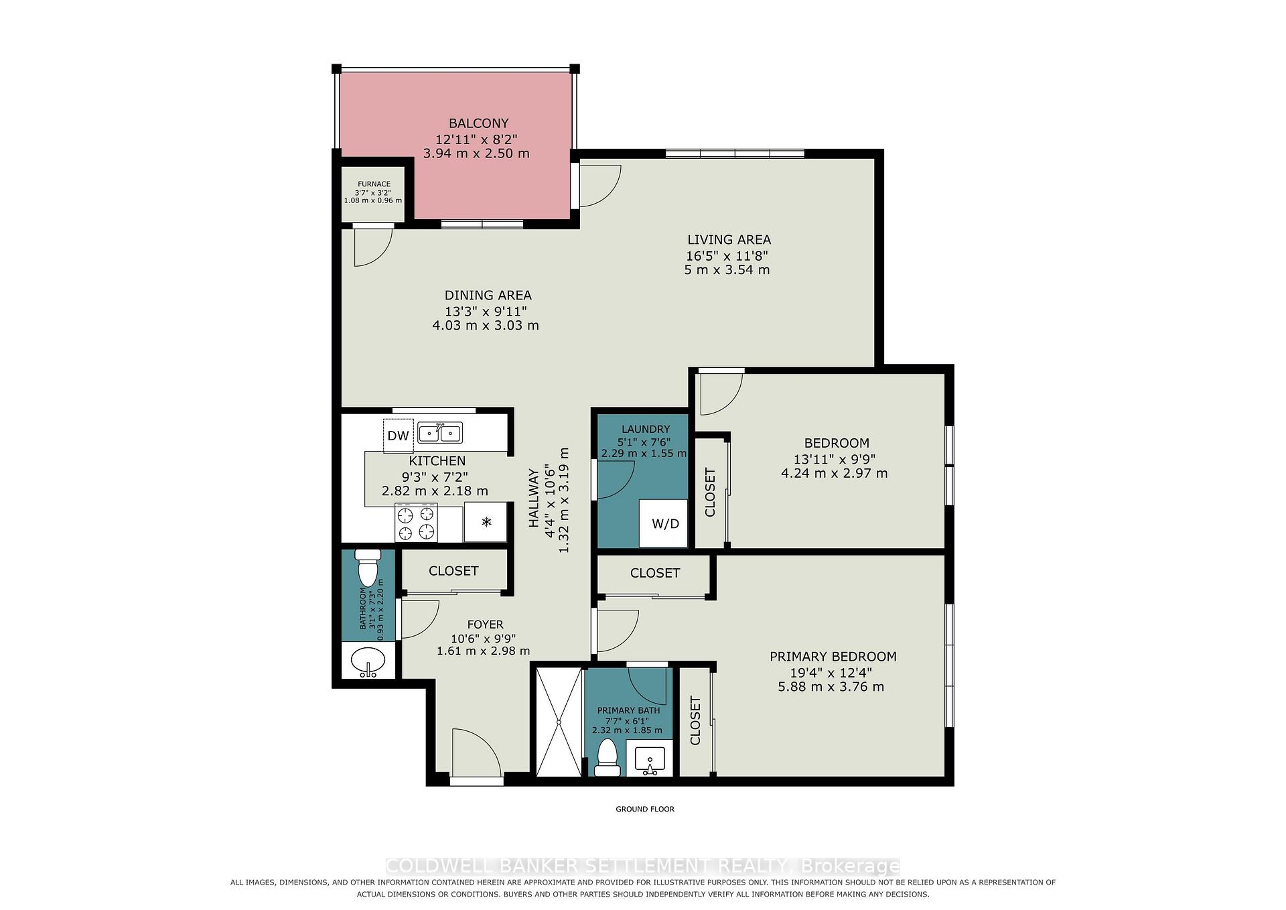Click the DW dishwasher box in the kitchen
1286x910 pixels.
click(x=398, y=436)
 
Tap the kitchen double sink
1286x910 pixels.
click(x=440, y=434)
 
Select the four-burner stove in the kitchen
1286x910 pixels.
click(x=417, y=524)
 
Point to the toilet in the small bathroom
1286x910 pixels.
click(x=368, y=568)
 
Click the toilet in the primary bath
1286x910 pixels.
click(x=608, y=758)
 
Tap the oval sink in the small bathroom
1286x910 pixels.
click(x=368, y=662)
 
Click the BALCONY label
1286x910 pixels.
click(x=478, y=123)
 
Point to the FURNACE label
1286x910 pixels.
click(x=374, y=184)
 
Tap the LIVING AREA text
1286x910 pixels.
click(x=729, y=239)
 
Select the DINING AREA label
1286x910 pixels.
click(x=488, y=295)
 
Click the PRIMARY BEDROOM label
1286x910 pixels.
click(x=833, y=657)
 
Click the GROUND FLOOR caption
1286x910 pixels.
click(x=645, y=809)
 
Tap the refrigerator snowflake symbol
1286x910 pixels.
click(x=487, y=521)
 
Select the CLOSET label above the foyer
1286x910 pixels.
click(x=453, y=571)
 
